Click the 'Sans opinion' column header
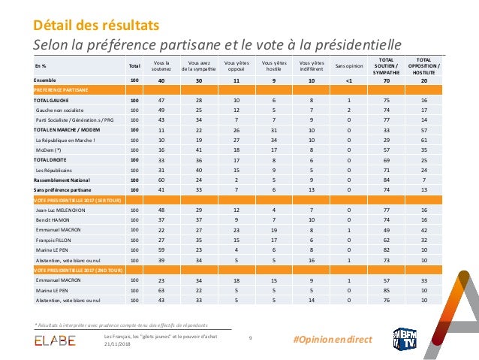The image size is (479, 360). [x=348, y=66]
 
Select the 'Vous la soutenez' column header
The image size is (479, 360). [x=161, y=66]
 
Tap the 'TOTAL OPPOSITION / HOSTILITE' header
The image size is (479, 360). [x=424, y=66]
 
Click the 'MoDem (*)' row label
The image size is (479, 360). [x=50, y=150]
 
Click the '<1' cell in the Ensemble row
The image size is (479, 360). [x=348, y=80]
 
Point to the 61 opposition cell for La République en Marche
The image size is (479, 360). [x=424, y=140]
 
